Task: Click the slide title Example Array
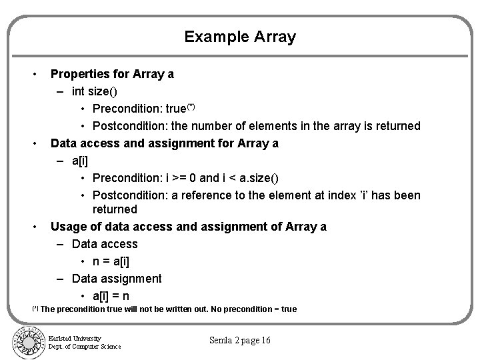click(240, 37)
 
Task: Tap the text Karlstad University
click(75, 338)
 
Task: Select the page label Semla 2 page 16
click(240, 341)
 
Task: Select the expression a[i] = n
click(111, 296)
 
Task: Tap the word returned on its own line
click(114, 210)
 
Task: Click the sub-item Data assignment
click(116, 279)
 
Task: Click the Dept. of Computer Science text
click(84, 346)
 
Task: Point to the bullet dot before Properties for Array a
click(35, 74)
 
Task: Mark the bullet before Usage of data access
click(35, 227)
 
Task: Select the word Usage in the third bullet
click(68, 227)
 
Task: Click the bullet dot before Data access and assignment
click(35, 143)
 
